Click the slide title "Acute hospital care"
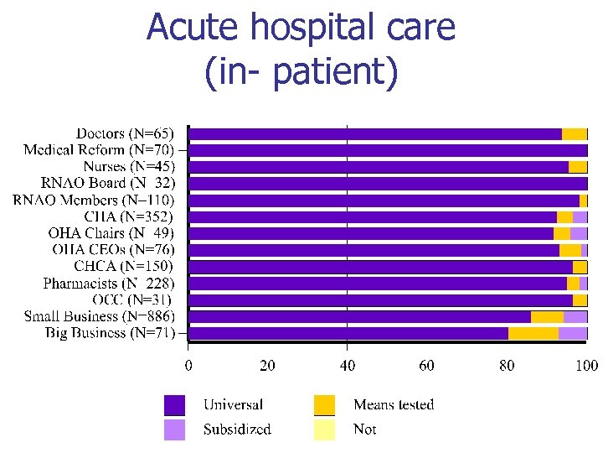click(301, 28)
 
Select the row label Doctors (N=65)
click(125, 133)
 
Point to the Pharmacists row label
click(109, 283)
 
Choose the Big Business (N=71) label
click(110, 333)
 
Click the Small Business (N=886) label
click(99, 316)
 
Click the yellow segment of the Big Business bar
click(533, 333)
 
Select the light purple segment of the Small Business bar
click(575, 316)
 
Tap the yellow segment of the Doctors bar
click(574, 133)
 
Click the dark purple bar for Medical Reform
click(388, 150)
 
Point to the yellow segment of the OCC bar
click(580, 299)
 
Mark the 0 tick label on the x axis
click(188, 365)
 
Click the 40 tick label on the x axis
click(348, 365)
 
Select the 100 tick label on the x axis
click(586, 365)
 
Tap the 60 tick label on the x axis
click(427, 365)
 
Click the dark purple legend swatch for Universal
click(174, 405)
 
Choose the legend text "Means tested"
click(394, 405)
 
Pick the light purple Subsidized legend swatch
click(174, 430)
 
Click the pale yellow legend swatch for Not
click(324, 430)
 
